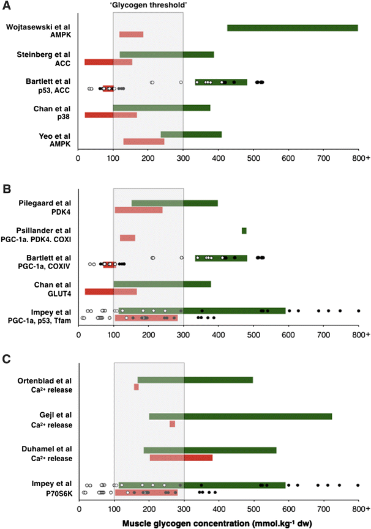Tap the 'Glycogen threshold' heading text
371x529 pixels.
(148, 4)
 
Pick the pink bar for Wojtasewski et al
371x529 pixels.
(131, 35)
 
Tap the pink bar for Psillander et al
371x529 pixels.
(127, 238)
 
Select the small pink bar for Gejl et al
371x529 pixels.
(172, 424)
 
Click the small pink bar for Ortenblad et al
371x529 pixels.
(137, 387)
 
